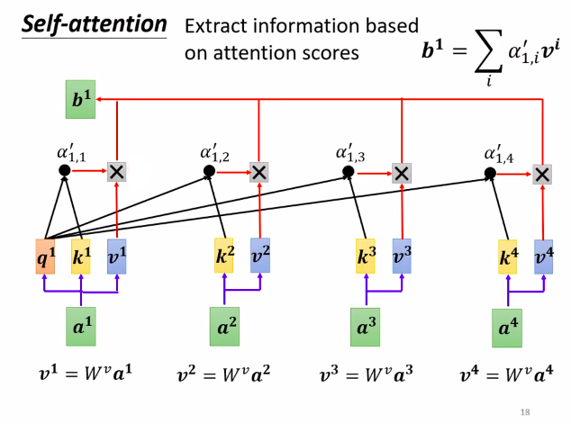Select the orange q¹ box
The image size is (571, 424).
(46, 259)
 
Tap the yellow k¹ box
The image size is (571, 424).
(82, 259)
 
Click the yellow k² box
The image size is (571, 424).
(225, 257)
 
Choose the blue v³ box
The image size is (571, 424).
(402, 257)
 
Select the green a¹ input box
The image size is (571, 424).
(82, 326)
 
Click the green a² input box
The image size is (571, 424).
(225, 326)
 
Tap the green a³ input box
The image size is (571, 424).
(367, 326)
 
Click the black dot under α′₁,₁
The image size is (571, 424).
(64, 170)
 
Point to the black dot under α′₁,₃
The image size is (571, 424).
(349, 171)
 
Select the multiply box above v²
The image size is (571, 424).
(259, 171)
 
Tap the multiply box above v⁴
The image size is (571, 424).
(542, 174)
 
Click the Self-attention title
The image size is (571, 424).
(95, 24)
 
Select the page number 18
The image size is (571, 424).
(526, 411)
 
